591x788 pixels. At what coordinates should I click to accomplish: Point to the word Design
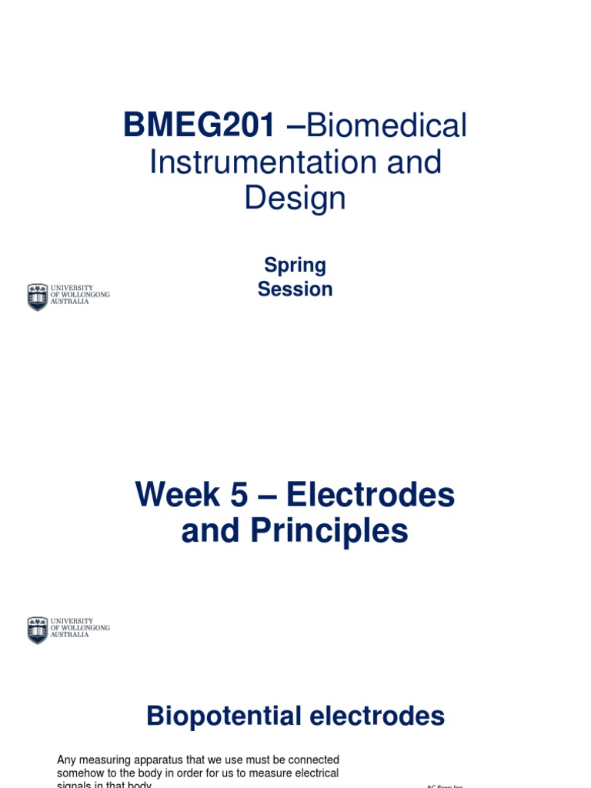point(295,199)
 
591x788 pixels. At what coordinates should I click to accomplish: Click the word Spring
point(295,265)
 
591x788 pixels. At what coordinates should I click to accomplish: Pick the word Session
point(295,289)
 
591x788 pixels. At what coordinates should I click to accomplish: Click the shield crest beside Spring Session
point(37,296)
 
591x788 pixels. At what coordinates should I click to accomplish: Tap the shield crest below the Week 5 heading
point(37,629)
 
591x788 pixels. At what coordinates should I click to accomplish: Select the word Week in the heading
point(179,496)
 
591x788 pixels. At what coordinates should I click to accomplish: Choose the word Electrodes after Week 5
point(370,496)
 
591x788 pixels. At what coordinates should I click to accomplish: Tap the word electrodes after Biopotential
point(377,716)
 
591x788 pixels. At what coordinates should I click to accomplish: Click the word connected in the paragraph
point(310,760)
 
